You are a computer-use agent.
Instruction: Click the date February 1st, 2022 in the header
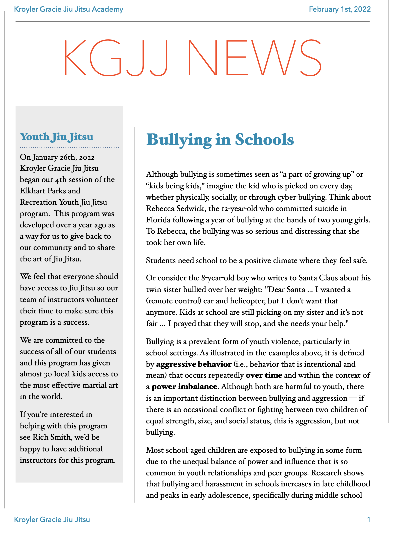(x=340, y=9)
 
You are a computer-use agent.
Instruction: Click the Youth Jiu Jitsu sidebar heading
(x=56, y=137)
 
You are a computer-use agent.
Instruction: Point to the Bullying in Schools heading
(x=220, y=139)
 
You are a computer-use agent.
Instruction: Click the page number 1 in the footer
(x=368, y=520)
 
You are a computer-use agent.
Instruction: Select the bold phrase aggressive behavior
(x=194, y=364)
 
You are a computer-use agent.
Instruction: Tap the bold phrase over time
(x=264, y=375)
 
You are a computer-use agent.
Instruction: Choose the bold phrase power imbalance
(x=184, y=387)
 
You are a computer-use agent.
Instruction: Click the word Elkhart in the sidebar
(x=33, y=191)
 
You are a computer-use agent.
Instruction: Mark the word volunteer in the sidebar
(x=102, y=300)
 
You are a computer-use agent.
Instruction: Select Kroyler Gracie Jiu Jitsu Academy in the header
(x=69, y=9)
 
